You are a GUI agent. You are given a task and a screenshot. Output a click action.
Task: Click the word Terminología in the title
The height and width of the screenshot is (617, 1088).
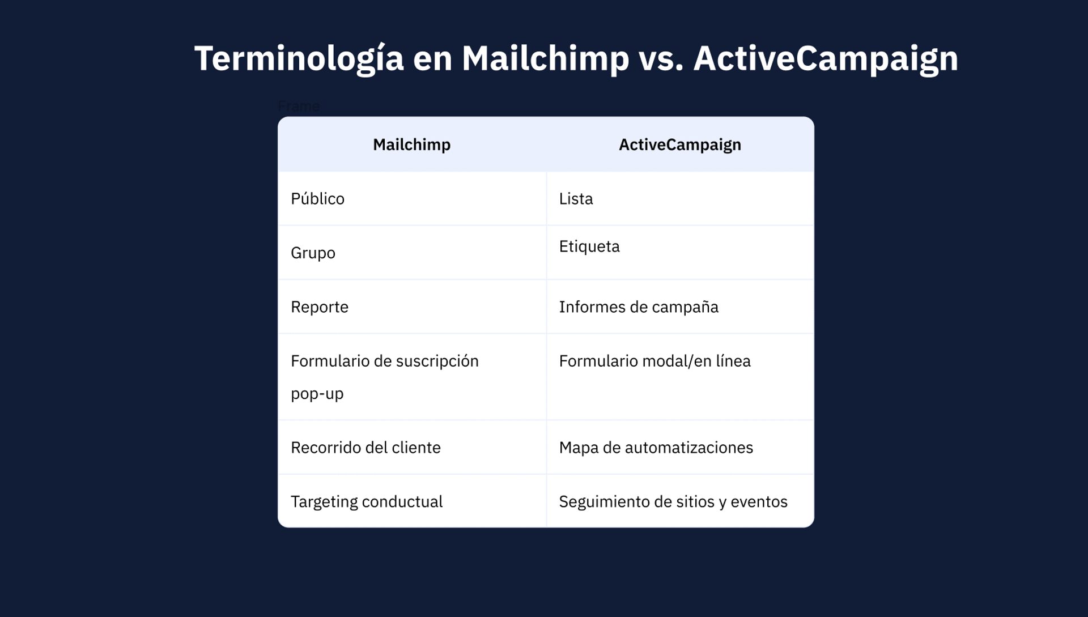click(x=299, y=58)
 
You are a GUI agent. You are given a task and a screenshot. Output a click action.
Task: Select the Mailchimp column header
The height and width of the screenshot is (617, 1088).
click(x=412, y=144)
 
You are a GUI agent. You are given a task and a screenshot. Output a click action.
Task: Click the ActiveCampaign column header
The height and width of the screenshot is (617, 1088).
click(x=680, y=145)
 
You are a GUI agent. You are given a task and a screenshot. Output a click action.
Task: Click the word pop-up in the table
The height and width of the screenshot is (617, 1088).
click(x=317, y=394)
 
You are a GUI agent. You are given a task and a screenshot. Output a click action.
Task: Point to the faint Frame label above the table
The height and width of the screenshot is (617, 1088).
click(x=299, y=106)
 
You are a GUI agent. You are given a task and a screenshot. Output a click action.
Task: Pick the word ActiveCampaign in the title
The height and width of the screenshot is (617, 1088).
click(x=826, y=59)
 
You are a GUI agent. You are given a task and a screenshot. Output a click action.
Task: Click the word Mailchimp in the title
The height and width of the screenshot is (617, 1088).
click(x=545, y=59)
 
